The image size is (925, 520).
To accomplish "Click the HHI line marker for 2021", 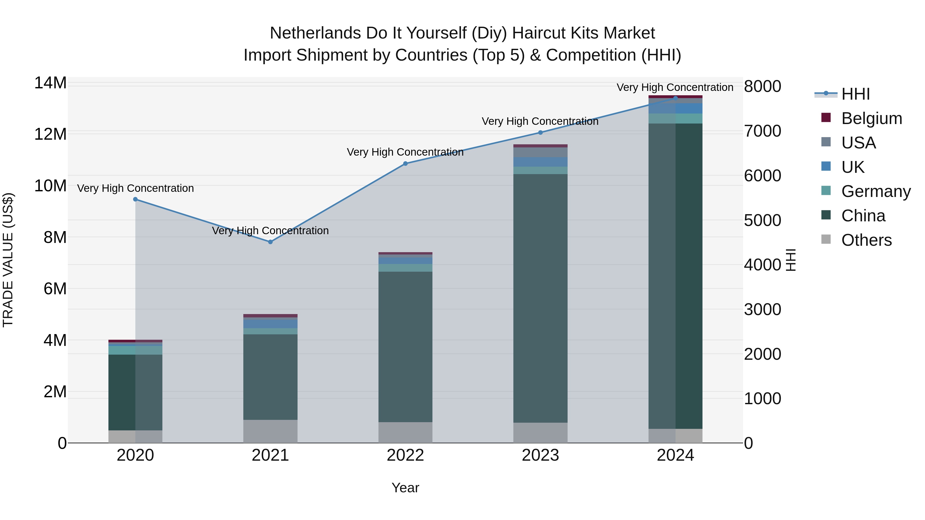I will click(270, 242).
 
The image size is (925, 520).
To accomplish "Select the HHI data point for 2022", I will click(405, 164).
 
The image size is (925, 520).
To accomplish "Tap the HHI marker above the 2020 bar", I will click(135, 199).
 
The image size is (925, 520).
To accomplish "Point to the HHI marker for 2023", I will click(540, 133).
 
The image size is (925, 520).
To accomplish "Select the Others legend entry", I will click(866, 240).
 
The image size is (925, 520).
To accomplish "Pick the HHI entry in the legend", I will click(855, 94).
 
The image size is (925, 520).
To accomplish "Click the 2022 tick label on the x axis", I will click(405, 455).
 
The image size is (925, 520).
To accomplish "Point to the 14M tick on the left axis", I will click(50, 83).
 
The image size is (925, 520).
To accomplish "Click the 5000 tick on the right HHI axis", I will click(762, 220).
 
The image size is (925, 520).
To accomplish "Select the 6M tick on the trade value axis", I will click(55, 289).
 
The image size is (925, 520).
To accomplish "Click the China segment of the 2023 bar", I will click(540, 298).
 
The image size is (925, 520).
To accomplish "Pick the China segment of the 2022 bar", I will click(405, 346).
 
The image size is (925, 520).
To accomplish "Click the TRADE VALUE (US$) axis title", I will click(8, 260).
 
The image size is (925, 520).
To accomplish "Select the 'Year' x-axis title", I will click(405, 488).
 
